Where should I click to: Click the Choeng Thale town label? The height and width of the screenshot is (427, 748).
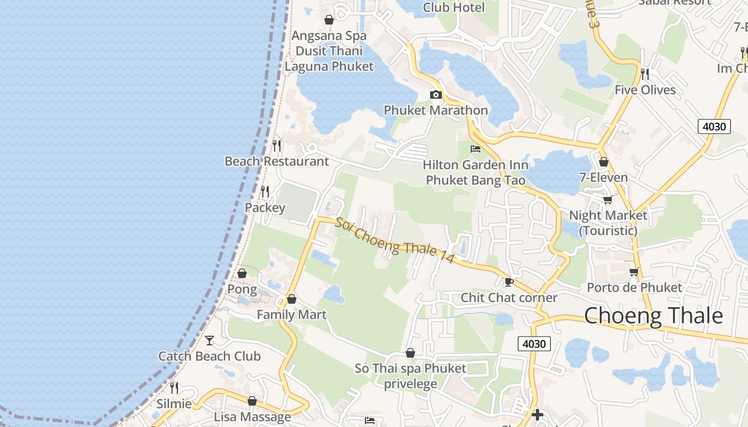click(653, 316)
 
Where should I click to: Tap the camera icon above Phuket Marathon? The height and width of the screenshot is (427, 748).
click(436, 95)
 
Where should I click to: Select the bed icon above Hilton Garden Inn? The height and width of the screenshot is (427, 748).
click(475, 149)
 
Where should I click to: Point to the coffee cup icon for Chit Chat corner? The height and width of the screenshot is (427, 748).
click(509, 282)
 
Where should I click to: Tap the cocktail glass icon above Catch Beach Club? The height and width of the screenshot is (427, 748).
click(209, 340)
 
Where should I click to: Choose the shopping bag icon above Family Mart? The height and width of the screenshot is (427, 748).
click(292, 299)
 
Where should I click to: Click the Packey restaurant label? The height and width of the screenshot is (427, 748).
click(265, 207)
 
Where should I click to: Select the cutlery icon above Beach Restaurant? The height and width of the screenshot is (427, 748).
click(277, 145)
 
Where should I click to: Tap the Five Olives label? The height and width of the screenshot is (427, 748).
click(645, 90)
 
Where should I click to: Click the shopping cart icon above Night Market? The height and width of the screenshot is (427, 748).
click(607, 200)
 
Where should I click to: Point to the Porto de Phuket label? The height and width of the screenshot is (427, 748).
click(634, 288)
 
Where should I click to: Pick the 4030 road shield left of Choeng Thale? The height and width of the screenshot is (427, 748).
click(534, 344)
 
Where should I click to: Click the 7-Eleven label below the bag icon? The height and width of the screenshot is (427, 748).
click(603, 177)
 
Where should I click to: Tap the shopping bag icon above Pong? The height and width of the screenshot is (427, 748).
click(242, 273)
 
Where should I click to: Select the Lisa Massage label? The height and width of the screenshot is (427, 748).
click(252, 417)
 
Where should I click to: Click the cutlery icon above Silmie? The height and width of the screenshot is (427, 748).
click(174, 388)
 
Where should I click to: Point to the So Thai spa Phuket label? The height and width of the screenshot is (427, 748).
click(410, 368)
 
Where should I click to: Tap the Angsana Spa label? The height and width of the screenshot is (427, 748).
click(329, 36)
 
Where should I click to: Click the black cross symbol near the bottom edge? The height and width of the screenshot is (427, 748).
click(537, 414)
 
